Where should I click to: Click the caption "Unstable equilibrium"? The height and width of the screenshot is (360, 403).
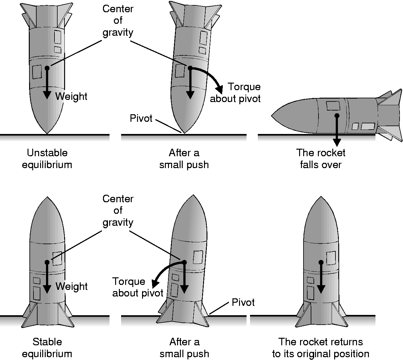point(47,159)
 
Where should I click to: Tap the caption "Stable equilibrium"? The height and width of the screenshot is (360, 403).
point(47,348)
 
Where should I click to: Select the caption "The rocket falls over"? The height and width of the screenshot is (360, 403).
point(321,159)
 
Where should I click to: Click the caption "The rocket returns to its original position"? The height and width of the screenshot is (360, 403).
point(321,348)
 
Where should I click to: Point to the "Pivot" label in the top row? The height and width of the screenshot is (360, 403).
point(141,118)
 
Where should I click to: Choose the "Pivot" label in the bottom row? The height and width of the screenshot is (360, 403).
point(243,302)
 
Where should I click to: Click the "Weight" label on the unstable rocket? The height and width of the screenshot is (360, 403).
point(71,96)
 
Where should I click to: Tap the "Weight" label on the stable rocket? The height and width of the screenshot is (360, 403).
point(72,286)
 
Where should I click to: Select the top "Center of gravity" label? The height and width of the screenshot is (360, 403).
point(118,21)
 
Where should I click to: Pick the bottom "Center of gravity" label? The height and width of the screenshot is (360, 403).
point(118,210)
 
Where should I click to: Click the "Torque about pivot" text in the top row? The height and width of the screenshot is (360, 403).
point(235,93)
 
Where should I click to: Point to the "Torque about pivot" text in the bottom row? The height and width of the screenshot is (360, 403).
point(138,287)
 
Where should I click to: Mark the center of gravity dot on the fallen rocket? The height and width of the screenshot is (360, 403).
point(337,116)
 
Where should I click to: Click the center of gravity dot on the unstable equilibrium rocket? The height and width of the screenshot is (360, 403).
point(47,68)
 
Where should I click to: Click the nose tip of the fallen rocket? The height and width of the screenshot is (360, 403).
point(272,116)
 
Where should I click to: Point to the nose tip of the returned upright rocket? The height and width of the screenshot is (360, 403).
point(321,197)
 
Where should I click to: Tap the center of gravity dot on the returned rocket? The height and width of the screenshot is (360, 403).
point(321,262)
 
